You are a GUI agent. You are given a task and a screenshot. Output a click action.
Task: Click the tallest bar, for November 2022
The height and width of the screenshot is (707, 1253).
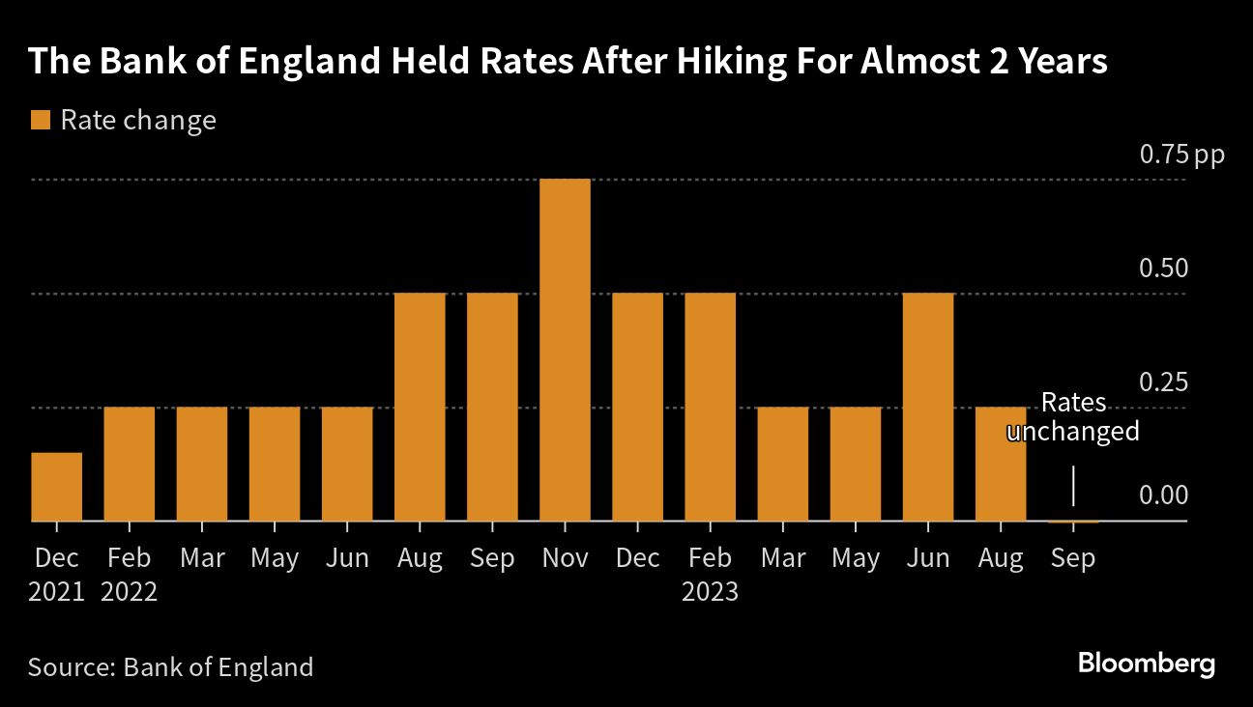(x=565, y=350)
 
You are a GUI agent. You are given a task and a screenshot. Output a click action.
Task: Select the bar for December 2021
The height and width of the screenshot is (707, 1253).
(x=56, y=487)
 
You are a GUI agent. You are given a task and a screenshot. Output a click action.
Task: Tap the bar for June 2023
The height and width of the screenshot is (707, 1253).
(x=928, y=407)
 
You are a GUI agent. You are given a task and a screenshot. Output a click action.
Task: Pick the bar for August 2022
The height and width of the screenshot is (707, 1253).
(x=420, y=407)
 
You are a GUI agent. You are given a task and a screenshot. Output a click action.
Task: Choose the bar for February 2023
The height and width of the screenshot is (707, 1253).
(x=711, y=407)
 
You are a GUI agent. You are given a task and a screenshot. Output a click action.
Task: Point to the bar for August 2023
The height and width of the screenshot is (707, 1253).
(x=1001, y=464)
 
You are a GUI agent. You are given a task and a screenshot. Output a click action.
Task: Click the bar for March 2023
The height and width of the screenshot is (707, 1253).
(x=783, y=464)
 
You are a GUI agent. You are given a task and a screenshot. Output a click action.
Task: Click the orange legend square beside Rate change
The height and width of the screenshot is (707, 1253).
(x=40, y=121)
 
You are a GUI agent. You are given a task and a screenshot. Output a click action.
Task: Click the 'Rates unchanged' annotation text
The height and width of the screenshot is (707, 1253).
(x=1073, y=417)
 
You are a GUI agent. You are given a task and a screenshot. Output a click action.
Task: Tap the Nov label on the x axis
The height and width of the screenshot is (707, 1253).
(x=565, y=558)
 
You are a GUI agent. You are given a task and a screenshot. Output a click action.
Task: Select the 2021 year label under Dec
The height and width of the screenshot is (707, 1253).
(x=56, y=591)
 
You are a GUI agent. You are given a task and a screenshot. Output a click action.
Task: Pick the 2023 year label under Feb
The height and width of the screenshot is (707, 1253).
(x=711, y=591)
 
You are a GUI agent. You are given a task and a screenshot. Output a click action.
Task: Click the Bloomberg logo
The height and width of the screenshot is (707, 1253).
(x=1146, y=665)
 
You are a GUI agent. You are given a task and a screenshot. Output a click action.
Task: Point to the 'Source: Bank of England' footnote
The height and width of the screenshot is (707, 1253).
(x=171, y=666)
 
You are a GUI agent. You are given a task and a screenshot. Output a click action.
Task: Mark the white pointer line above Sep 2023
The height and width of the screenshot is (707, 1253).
(x=1073, y=486)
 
